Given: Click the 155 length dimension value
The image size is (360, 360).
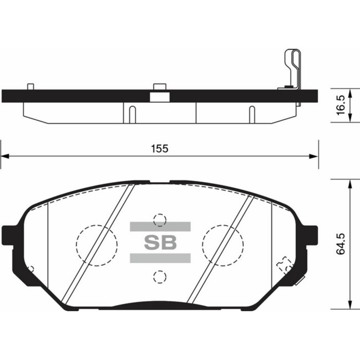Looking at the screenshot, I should [x=159, y=148].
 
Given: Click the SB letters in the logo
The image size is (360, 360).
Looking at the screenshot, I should [x=159, y=242].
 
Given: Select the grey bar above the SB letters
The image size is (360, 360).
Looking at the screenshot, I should [x=160, y=227].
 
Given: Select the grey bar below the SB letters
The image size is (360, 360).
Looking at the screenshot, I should [x=160, y=258].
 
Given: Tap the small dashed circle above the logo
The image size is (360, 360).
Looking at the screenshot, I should [x=160, y=220].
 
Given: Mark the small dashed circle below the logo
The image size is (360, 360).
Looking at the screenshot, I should [x=160, y=277].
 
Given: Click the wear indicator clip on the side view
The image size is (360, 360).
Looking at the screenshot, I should [x=292, y=69].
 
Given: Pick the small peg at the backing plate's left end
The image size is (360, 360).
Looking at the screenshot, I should [x=30, y=86].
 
